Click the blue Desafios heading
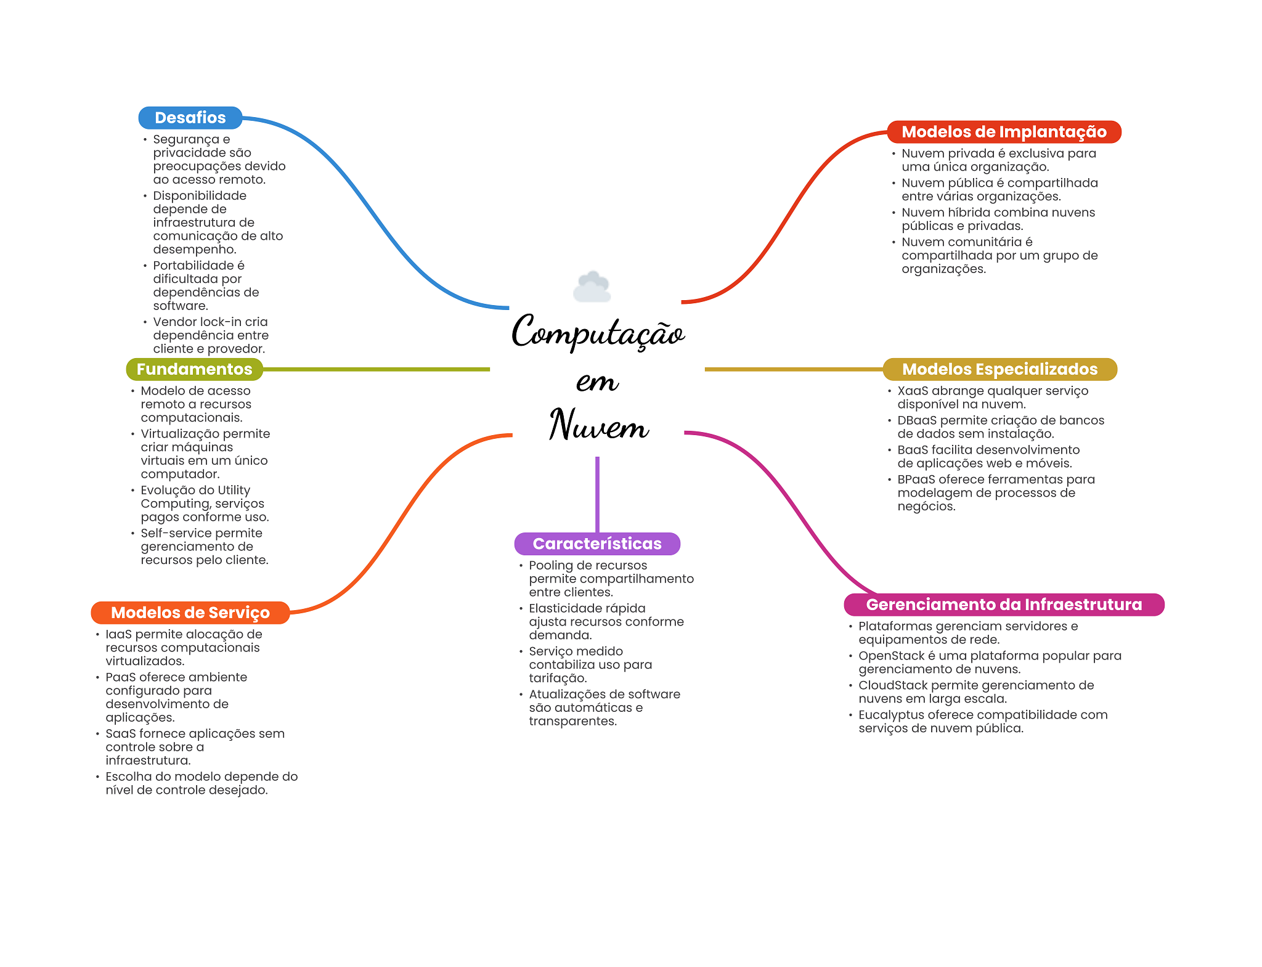190,118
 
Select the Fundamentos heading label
195,369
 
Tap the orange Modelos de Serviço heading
190,613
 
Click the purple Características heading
597,544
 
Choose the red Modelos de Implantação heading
1004,132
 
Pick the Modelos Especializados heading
1000,369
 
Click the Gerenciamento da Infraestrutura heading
1004,605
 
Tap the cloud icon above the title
592,287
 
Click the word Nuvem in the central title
599,424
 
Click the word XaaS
913,391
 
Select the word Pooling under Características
550,566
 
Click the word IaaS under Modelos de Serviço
118,634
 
